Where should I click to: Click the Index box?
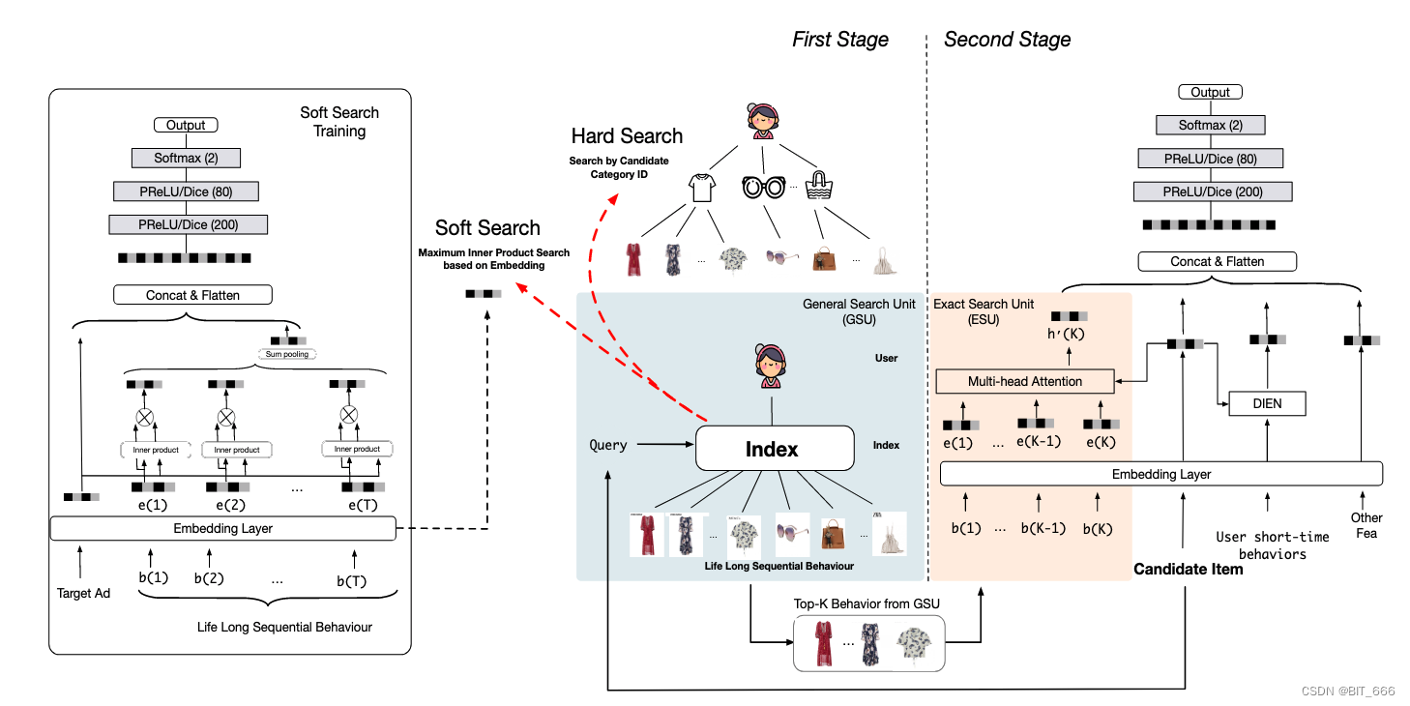click(775, 449)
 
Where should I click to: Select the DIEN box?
click(1266, 402)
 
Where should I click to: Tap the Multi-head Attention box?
click(1025, 381)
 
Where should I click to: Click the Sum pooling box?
click(287, 354)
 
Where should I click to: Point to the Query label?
click(608, 446)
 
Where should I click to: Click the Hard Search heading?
click(627, 136)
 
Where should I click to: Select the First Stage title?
click(839, 40)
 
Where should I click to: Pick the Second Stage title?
click(1007, 40)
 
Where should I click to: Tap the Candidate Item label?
click(1188, 570)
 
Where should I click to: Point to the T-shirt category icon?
click(701, 187)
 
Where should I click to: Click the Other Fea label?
click(1366, 525)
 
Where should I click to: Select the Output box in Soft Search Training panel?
click(186, 125)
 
